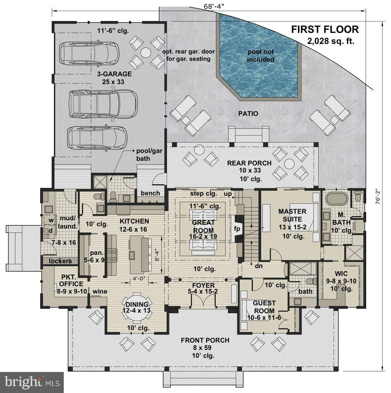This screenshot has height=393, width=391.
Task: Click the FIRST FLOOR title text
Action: point(325,29)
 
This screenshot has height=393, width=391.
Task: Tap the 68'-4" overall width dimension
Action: point(213,6)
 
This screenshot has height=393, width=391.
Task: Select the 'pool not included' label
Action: point(261,56)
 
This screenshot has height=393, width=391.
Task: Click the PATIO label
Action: point(248,114)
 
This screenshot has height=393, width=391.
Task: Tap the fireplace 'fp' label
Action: point(237,228)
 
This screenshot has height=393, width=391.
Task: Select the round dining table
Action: point(137,307)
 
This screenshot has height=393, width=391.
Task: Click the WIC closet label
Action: point(341,273)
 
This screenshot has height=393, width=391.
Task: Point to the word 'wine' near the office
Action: point(100,291)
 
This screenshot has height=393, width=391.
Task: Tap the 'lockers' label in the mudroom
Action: point(60,261)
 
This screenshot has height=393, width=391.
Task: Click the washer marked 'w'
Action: point(51,220)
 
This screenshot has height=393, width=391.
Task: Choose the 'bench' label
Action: point(150,193)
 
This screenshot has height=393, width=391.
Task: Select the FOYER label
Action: point(204,285)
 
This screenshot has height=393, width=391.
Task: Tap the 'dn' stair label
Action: point(259,266)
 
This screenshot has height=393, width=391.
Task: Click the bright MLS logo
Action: point(32,382)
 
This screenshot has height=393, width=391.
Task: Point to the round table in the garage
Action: point(145,53)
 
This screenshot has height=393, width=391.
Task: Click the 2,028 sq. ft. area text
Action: point(331,41)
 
